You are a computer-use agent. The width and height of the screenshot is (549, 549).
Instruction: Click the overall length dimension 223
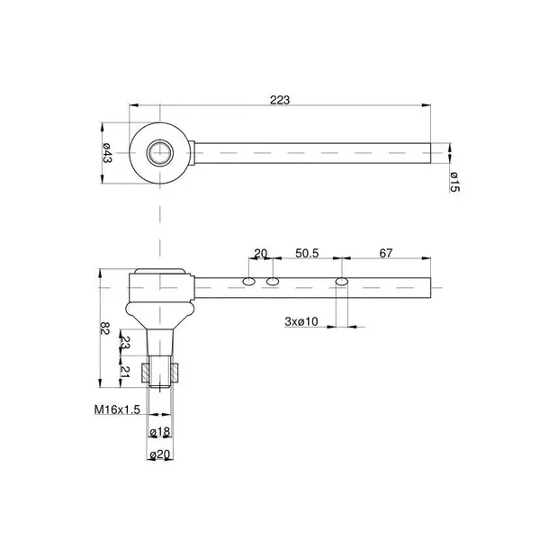pos(280,100)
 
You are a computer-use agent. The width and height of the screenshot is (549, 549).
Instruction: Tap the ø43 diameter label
pos(107,153)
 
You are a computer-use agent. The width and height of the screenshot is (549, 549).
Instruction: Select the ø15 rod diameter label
pos(454,182)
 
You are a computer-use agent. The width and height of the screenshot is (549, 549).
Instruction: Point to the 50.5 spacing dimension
pos(307,253)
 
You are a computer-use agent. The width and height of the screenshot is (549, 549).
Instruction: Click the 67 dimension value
pos(386,253)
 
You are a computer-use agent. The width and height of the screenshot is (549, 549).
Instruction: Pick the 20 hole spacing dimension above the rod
pos(260,253)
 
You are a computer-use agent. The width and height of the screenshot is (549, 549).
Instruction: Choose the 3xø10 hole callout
pos(301,321)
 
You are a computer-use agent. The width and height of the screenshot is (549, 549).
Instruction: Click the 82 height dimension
pos(104,328)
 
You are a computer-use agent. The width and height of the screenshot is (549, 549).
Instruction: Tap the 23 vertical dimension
pos(125,343)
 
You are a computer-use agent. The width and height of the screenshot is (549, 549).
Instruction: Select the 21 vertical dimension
pos(125,372)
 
